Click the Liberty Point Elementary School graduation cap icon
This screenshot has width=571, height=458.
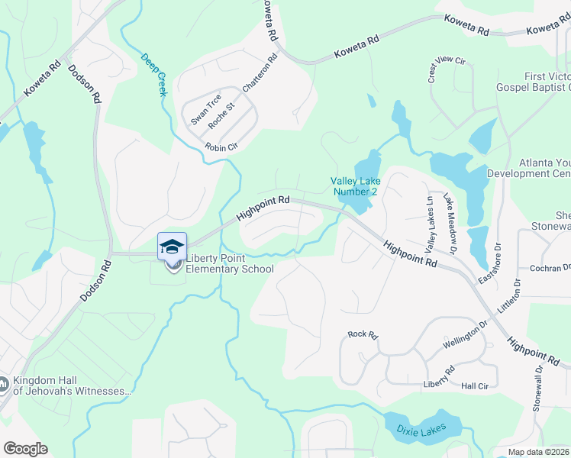[172, 247]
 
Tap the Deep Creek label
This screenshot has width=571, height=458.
[154, 74]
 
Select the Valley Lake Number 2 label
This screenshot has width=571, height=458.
[353, 186]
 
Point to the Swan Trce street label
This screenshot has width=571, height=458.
[205, 109]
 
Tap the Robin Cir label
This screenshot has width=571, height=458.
[221, 147]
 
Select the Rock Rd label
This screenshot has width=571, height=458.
[363, 334]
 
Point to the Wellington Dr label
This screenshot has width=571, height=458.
[464, 336]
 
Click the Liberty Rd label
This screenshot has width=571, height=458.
[439, 377]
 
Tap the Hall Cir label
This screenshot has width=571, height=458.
[475, 386]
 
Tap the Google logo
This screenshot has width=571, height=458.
[25, 449]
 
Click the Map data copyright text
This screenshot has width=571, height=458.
[539, 452]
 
